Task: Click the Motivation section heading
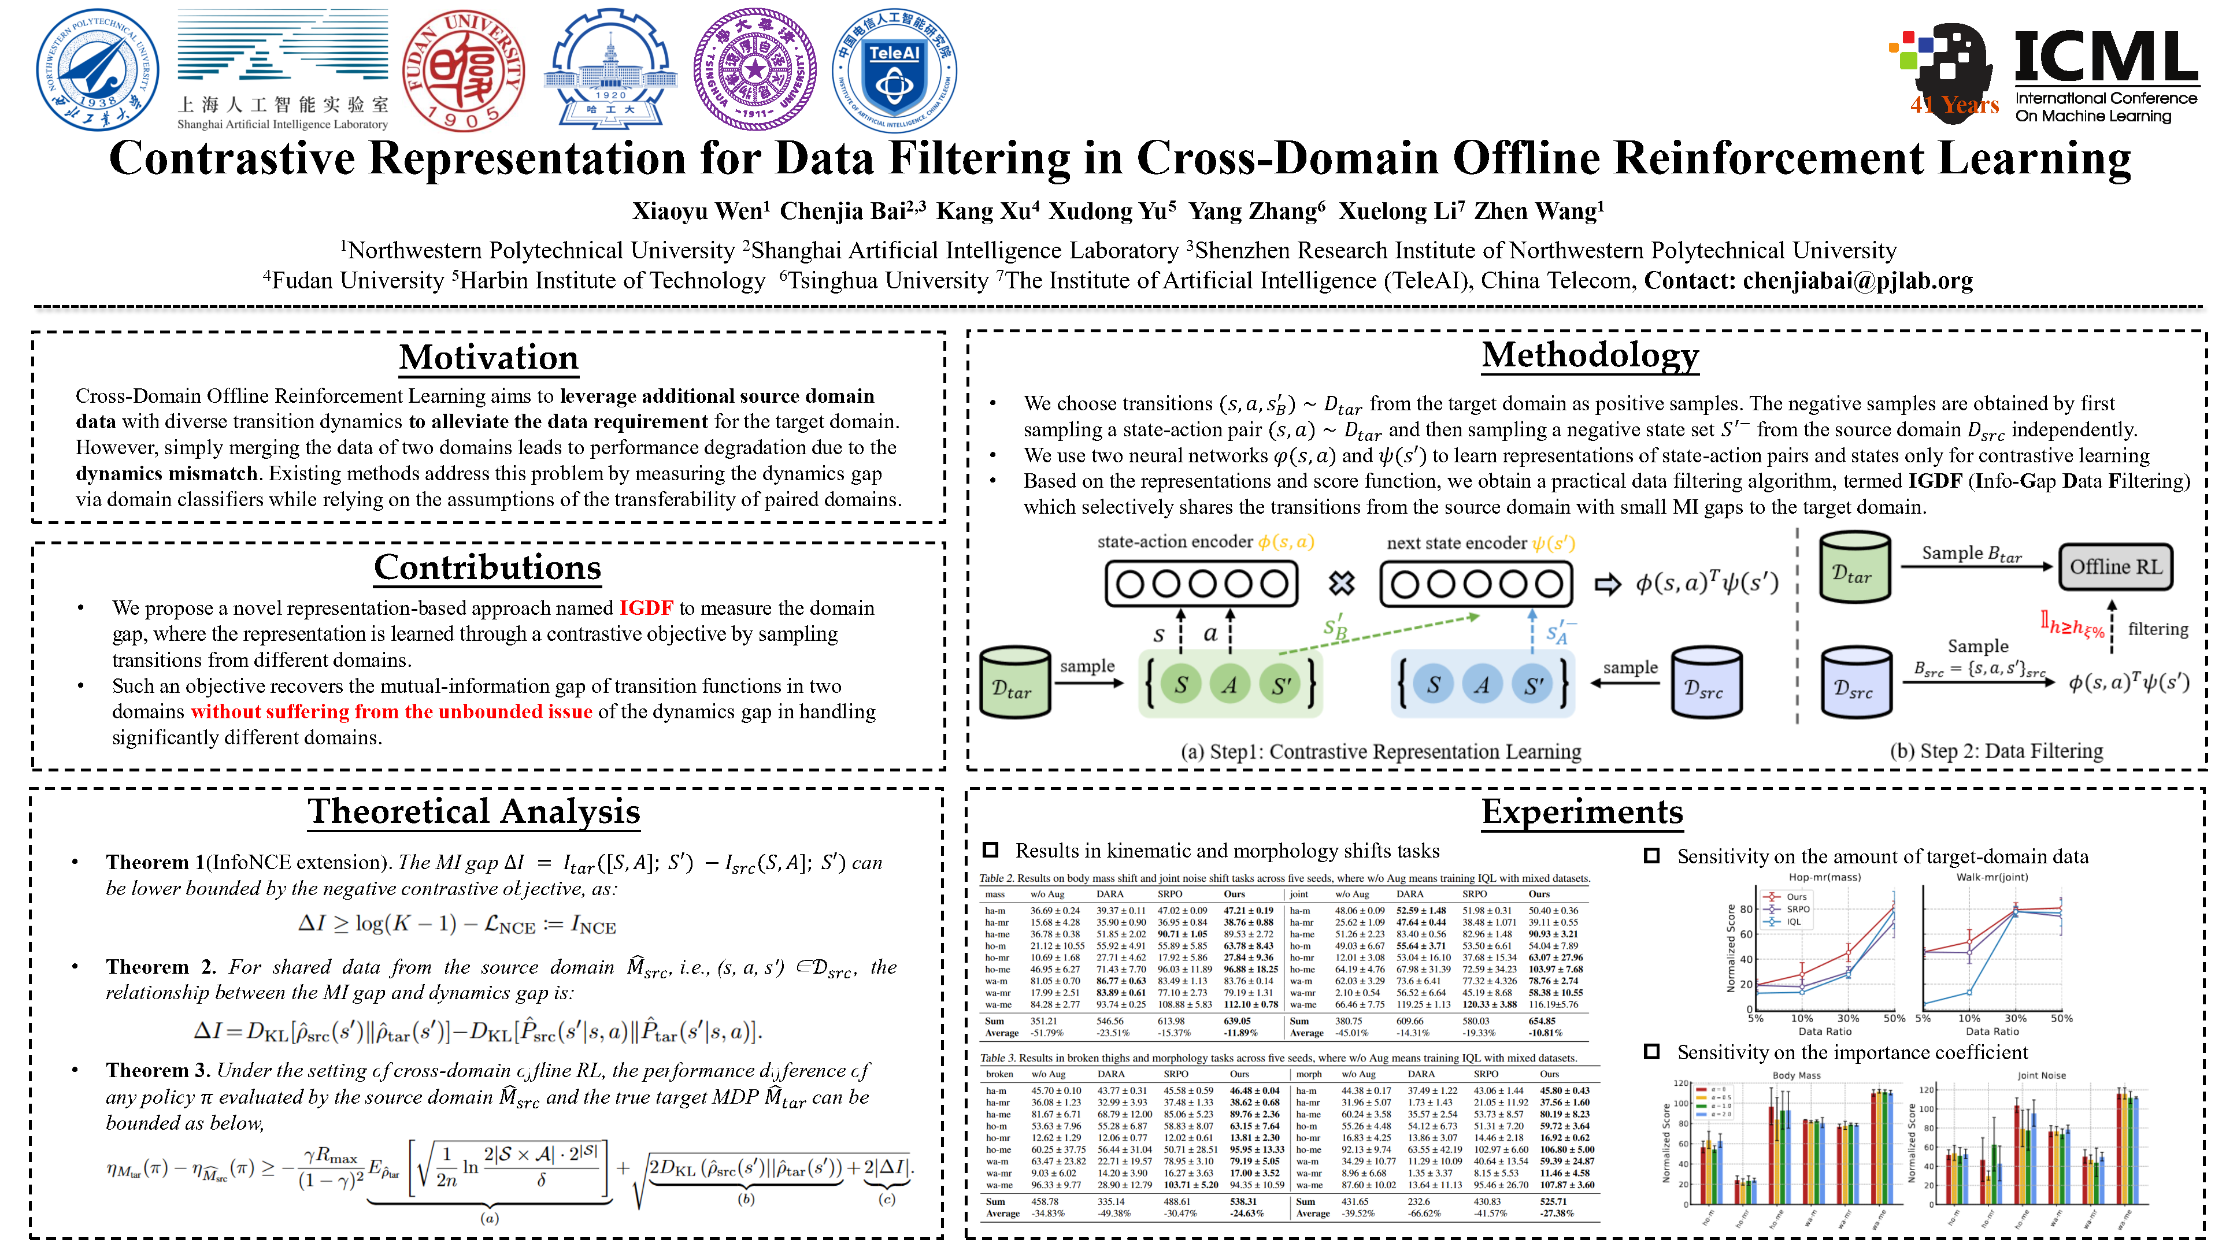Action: pos(489,358)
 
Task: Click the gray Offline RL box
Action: pos(2116,567)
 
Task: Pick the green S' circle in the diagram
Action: pos(1281,685)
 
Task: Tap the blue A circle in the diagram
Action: pos(1482,685)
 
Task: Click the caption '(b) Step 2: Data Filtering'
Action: pos(1995,751)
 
